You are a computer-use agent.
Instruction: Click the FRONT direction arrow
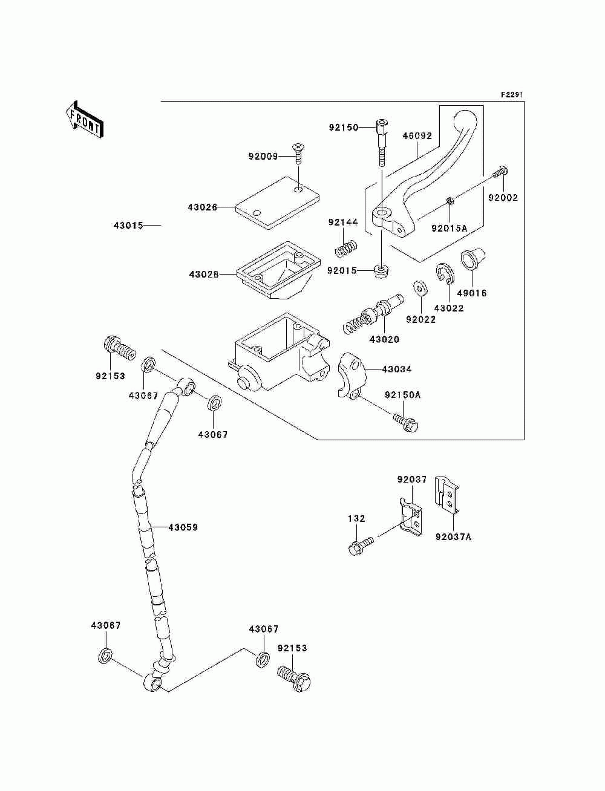click(85, 119)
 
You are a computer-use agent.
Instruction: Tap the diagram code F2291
click(512, 95)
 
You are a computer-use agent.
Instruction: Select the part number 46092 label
click(417, 136)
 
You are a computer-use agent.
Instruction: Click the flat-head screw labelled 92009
click(298, 153)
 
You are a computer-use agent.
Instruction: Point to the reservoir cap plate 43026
click(277, 203)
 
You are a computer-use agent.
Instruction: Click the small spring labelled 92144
click(346, 249)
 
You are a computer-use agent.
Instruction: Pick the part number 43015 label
click(128, 226)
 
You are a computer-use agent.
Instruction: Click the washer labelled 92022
click(420, 288)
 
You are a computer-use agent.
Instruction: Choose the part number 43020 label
click(384, 339)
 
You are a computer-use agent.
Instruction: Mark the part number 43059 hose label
click(183, 527)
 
